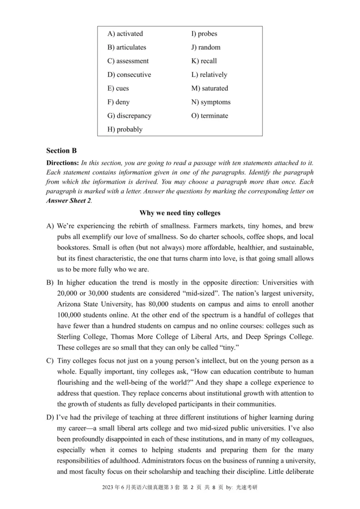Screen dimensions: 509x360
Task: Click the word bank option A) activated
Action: click(125, 34)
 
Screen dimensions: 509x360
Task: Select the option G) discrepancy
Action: click(129, 116)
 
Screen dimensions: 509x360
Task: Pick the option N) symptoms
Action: click(211, 102)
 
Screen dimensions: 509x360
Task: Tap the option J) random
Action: click(206, 47)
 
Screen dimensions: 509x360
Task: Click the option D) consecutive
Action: click(129, 75)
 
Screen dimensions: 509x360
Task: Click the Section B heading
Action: click(61, 151)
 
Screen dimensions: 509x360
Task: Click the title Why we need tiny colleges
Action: click(180, 212)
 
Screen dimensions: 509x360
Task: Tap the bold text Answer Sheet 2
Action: click(69, 201)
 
